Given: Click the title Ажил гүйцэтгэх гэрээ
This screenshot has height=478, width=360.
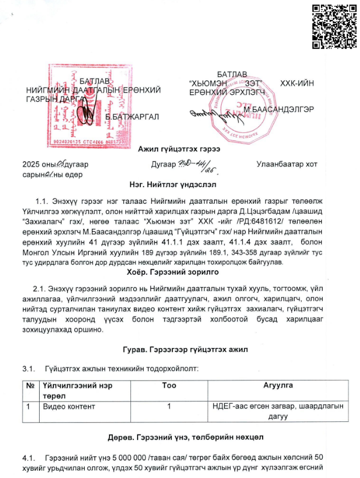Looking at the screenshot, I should click(179, 150).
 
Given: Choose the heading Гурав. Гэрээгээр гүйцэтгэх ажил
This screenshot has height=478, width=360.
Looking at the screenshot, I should click(179, 350).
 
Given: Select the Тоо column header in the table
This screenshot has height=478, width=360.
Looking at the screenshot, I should click(169, 386).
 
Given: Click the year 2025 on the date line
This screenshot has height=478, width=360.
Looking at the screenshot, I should click(32, 164).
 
